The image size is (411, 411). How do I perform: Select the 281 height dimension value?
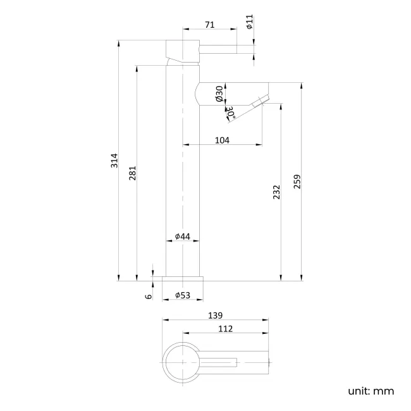pyautogui.click(x=132, y=173)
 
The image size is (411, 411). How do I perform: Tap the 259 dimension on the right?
pyautogui.click(x=297, y=181)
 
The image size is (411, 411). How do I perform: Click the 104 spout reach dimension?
pyautogui.click(x=222, y=140)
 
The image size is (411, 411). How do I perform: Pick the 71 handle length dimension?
pyautogui.click(x=210, y=25)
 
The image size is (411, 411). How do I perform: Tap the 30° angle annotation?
pyautogui.click(x=231, y=113)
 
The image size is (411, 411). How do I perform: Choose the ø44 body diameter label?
pyautogui.click(x=182, y=236)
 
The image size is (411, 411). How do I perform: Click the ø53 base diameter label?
pyautogui.click(x=183, y=295)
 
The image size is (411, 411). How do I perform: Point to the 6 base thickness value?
pyautogui.click(x=148, y=296)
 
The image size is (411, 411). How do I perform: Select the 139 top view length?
pyautogui.click(x=215, y=315)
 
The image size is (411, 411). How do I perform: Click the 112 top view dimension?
pyautogui.click(x=225, y=329)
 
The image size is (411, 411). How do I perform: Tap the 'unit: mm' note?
pyautogui.click(x=371, y=391)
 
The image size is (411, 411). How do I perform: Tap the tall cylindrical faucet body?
pyautogui.click(x=183, y=190)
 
